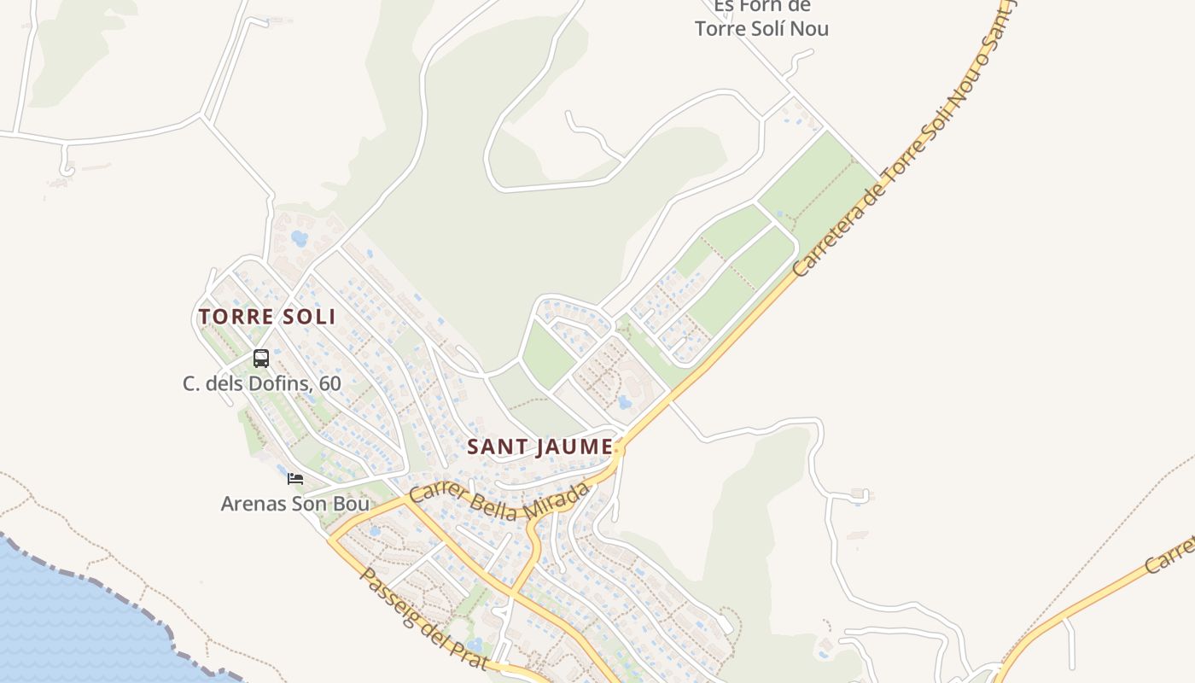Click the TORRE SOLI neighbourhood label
coord(266,317)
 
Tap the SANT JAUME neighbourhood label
coord(539,447)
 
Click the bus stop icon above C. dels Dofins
coord(261,359)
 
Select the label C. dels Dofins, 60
coord(261,383)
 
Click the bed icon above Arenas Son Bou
coord(295,479)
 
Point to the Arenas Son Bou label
coord(294,504)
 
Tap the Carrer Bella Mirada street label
coord(499,501)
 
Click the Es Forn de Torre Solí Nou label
coord(761,18)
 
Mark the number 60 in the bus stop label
coord(329,383)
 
